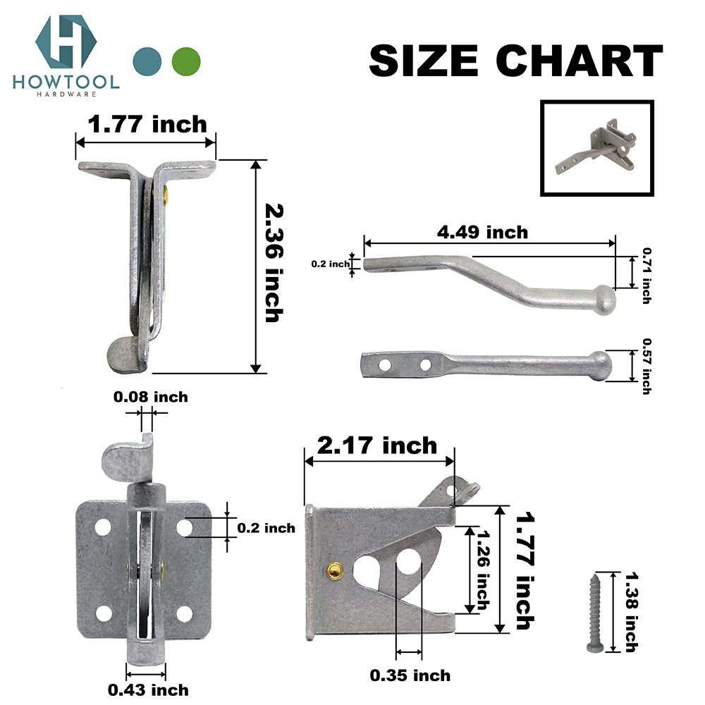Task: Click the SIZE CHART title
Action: tap(515, 61)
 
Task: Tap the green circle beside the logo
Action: tap(186, 61)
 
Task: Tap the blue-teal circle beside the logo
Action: tap(147, 61)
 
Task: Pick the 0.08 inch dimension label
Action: tap(151, 397)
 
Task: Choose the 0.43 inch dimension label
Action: tap(147, 689)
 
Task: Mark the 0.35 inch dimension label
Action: tap(410, 675)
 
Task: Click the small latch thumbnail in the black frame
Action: tap(596, 149)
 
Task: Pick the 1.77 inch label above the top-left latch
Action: tap(147, 125)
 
